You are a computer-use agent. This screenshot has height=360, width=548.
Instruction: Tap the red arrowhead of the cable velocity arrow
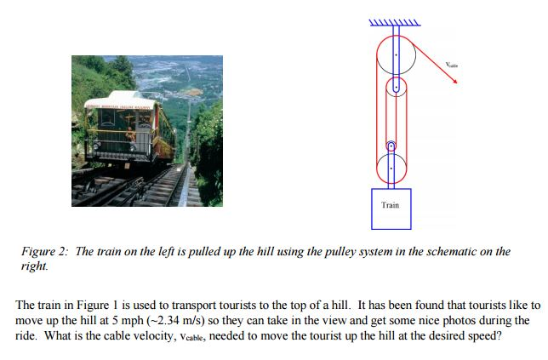point(454,81)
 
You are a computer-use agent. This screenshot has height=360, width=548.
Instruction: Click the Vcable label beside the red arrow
point(451,64)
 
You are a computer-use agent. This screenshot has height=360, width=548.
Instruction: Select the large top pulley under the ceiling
point(396,55)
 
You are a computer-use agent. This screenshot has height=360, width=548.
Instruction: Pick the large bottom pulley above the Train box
point(391,167)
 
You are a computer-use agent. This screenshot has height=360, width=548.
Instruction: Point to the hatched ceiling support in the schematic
point(394,23)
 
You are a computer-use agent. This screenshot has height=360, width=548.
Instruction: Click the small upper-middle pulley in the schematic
point(395,87)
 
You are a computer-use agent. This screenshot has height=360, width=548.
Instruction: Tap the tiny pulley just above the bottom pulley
point(391,146)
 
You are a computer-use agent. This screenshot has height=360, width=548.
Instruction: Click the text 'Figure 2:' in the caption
point(46,252)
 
